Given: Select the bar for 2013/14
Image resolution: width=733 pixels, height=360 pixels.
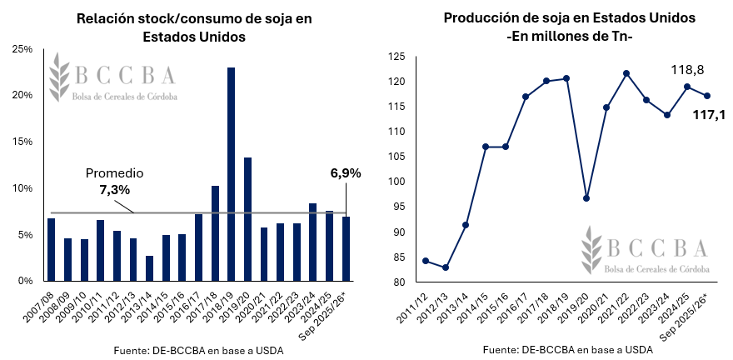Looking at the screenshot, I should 149,268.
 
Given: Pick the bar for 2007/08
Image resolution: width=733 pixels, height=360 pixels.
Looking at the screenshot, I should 51,250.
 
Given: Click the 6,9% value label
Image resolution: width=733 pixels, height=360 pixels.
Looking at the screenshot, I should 346,173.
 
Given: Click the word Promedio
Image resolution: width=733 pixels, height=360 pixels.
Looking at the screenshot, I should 115,173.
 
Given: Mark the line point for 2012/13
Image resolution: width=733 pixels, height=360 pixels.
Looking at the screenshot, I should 446,267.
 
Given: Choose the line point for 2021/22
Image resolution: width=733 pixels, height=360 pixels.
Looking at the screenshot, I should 626,73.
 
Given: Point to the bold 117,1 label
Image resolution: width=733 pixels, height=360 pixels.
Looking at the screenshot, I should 709,114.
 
